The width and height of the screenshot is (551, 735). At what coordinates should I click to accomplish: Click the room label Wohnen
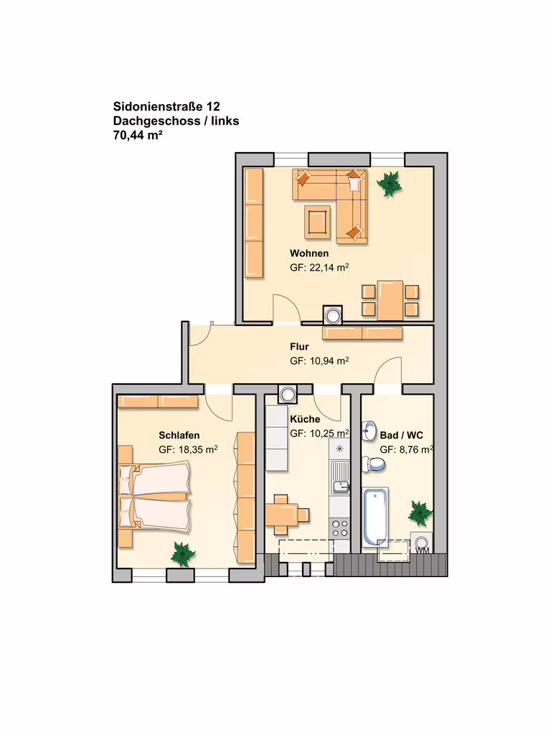click(x=309, y=253)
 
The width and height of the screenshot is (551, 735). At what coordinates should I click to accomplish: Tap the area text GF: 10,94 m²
click(x=319, y=361)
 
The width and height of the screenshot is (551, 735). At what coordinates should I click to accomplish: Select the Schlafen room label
click(x=179, y=436)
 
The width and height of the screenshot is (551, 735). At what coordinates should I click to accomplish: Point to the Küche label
click(x=305, y=419)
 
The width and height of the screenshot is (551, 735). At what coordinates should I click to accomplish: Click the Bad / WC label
click(x=402, y=436)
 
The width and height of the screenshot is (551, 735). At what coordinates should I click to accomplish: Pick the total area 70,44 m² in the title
click(x=138, y=136)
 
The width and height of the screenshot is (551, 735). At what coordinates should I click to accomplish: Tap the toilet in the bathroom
click(x=376, y=464)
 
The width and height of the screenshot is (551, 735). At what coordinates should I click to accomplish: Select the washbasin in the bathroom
click(x=369, y=431)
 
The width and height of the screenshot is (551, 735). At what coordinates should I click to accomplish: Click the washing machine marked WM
click(x=422, y=543)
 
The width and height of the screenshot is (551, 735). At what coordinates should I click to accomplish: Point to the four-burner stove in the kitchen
click(x=339, y=528)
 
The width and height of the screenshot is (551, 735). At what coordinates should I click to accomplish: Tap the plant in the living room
click(x=390, y=183)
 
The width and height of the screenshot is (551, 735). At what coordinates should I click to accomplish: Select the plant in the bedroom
click(x=182, y=554)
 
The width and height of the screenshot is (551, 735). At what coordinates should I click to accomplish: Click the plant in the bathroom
click(x=420, y=512)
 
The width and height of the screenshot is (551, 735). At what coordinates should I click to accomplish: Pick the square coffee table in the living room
click(x=317, y=220)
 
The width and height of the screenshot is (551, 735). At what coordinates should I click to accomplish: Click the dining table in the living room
click(x=390, y=301)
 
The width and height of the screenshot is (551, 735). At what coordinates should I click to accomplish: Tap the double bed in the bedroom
click(x=155, y=497)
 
